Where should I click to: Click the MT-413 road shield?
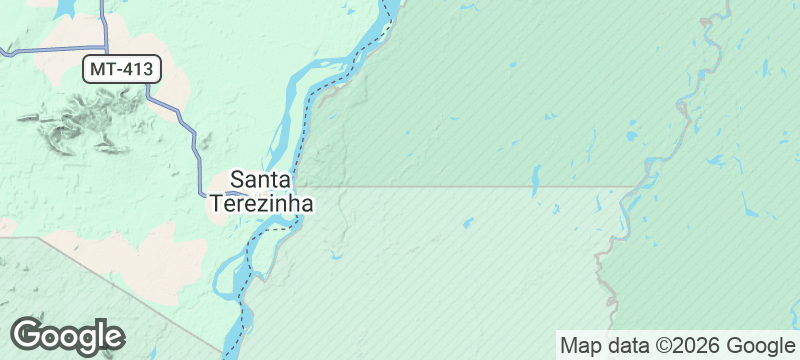click(x=121, y=69)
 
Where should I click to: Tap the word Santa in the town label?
click(x=261, y=180)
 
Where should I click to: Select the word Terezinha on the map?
click(x=262, y=203)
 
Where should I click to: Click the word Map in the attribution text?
click(x=582, y=346)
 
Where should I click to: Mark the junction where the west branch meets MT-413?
click(x=105, y=46)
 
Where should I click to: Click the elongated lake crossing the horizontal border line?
click(x=535, y=181)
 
